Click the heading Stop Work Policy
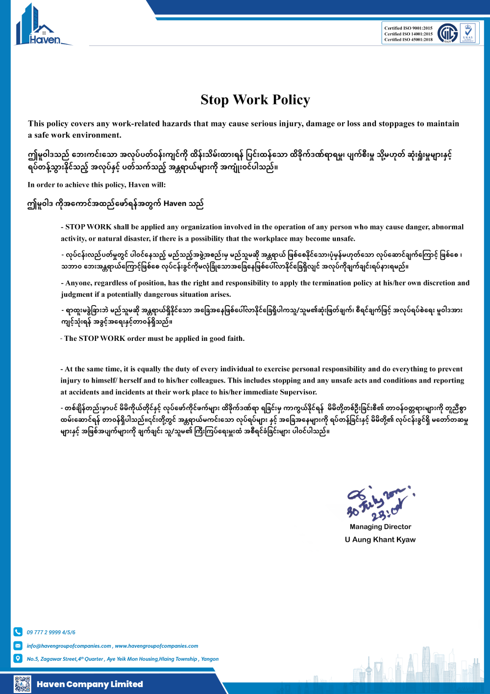click(255, 100)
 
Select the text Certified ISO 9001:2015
click(408, 28)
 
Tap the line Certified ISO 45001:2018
click(408, 40)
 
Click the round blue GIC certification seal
click(447, 33)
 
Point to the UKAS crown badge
click(467, 33)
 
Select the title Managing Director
click(380, 527)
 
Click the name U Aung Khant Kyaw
click(380, 540)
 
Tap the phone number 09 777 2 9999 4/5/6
click(51, 632)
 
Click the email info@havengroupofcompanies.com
click(69, 646)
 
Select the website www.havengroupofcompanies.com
click(156, 646)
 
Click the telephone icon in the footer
click(18, 632)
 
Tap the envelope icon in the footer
click(18, 645)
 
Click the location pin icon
click(18, 658)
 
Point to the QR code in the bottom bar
click(23, 684)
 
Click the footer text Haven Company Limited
click(90, 684)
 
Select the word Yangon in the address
click(210, 659)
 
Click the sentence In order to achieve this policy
click(97, 185)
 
